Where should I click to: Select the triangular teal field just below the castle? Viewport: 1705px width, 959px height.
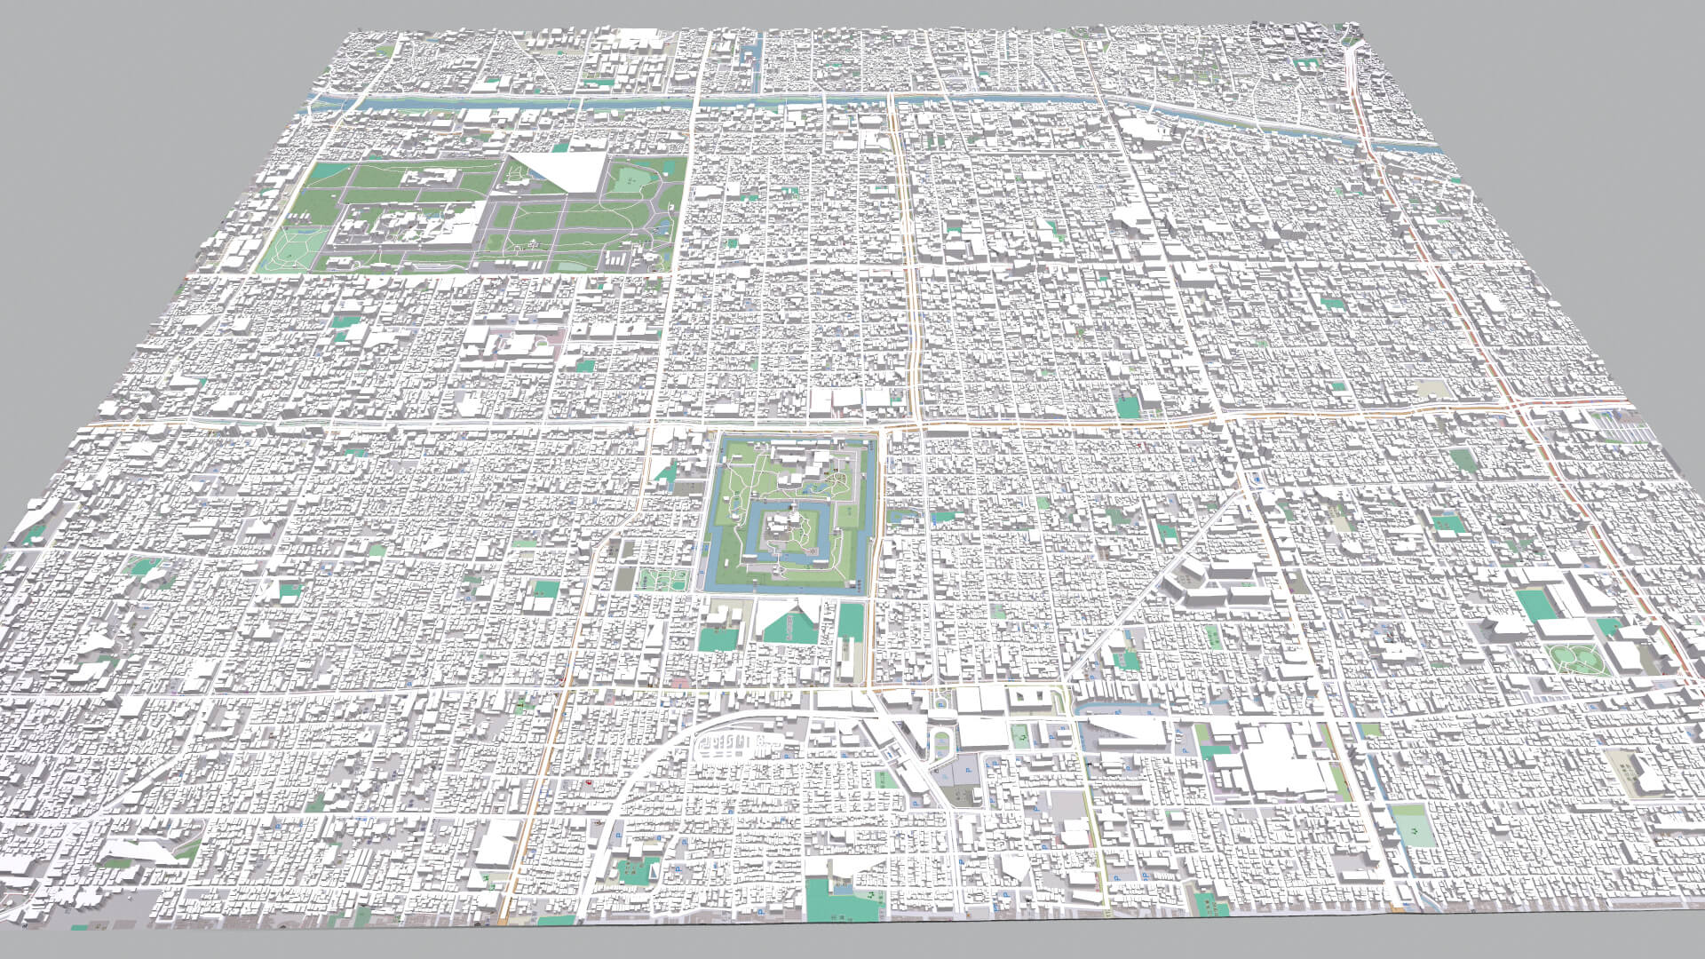pos(789,626)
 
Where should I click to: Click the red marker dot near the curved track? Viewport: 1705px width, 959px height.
pos(590,784)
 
